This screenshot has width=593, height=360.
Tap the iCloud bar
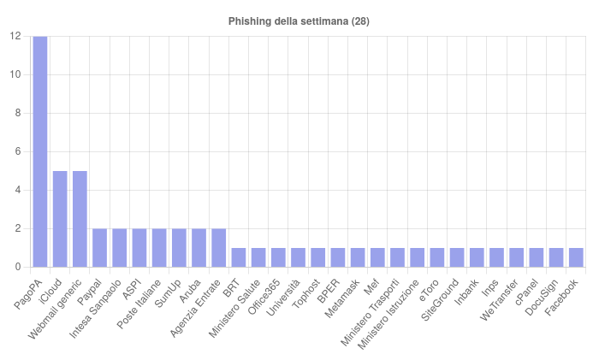coord(60,219)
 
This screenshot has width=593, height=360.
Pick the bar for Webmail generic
coord(80,219)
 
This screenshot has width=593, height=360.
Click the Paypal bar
coord(99,248)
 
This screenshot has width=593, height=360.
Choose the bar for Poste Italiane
coord(159,248)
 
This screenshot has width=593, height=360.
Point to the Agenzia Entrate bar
coord(218,248)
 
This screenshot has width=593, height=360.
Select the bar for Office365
coord(278,257)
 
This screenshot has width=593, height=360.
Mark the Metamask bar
coord(357,257)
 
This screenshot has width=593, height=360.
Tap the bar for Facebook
coord(576,257)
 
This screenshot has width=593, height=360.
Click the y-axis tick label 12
coord(15,36)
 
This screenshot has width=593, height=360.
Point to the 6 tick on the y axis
coord(18,151)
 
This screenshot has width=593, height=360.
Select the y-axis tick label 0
coord(18,267)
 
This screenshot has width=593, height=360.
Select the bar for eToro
coord(436,257)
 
